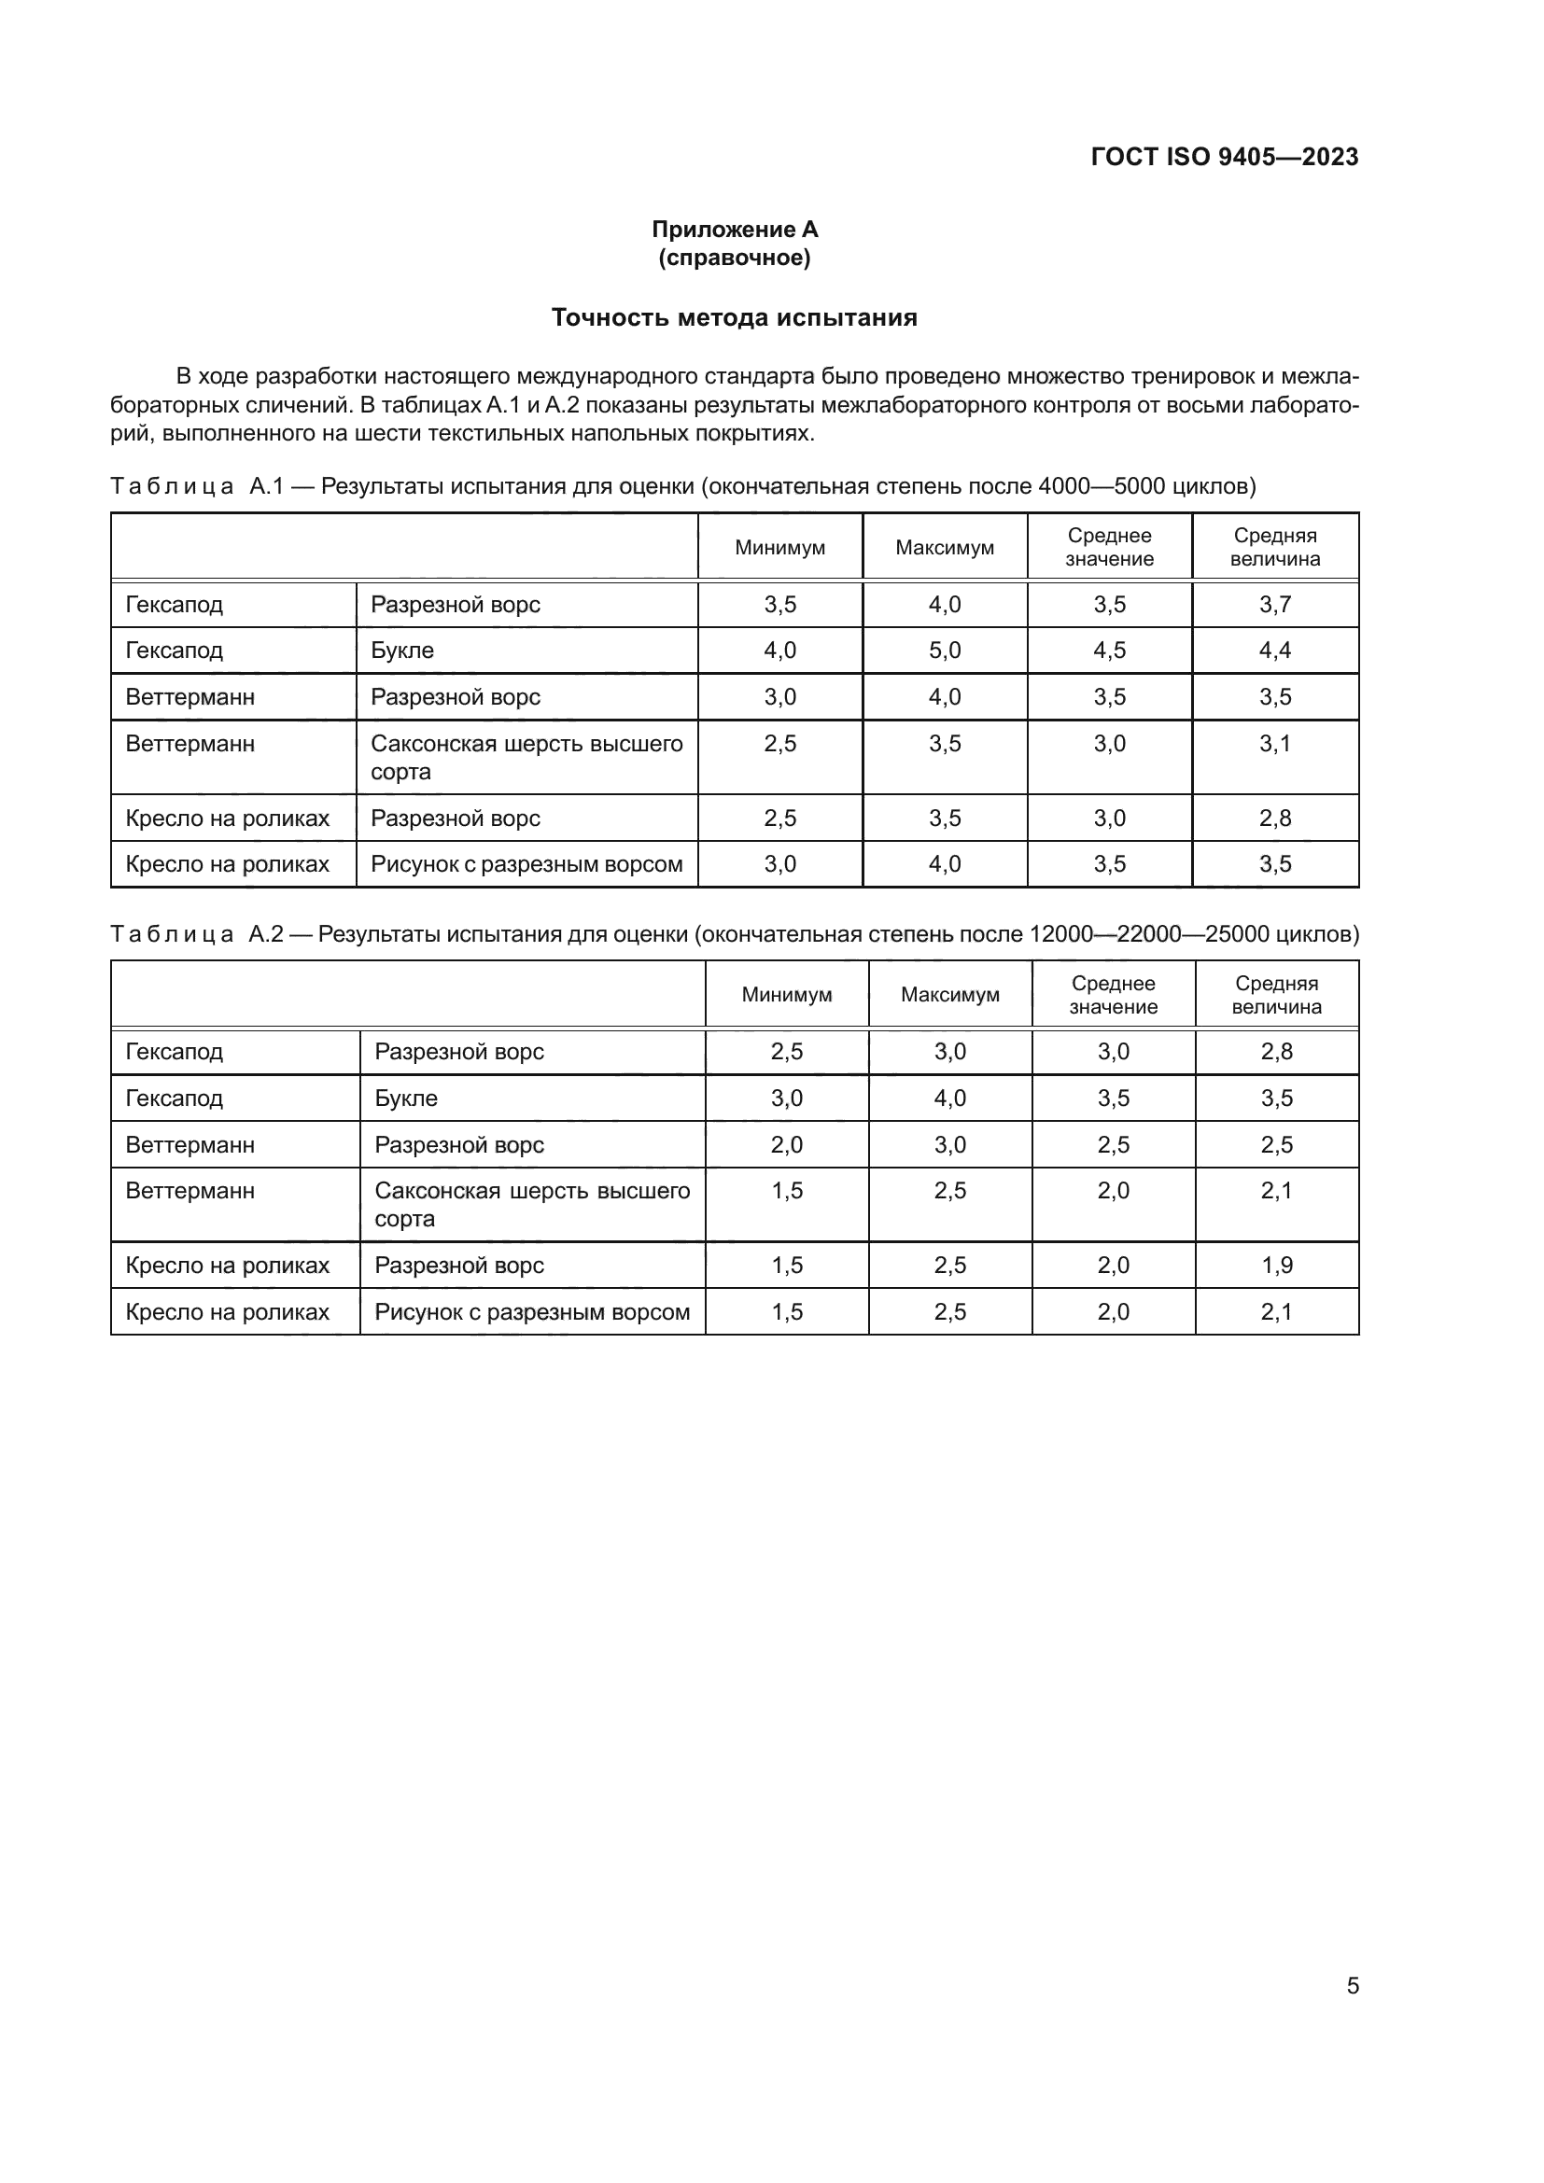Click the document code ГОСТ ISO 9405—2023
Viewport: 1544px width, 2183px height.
[1224, 157]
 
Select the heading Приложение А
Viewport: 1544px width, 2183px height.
[734, 230]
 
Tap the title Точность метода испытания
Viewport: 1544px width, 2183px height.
[734, 317]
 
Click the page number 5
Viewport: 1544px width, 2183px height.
[1352, 1985]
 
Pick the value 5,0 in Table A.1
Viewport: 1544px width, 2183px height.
[944, 651]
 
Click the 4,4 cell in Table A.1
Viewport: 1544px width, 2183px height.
[1275, 651]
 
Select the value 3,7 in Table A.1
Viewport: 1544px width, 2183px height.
[1275, 605]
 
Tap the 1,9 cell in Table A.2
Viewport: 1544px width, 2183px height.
[1276, 1266]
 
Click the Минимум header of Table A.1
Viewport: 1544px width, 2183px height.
[779, 548]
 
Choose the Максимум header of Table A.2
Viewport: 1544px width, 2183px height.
[949, 995]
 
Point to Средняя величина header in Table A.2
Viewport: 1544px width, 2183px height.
[1276, 995]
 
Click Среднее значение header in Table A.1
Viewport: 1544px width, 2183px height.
[1109, 548]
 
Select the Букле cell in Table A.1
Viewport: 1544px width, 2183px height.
[402, 651]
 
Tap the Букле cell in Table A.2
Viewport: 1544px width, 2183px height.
[406, 1098]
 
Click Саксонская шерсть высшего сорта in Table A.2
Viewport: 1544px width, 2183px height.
[531, 1204]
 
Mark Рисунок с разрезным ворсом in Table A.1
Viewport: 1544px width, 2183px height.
[526, 864]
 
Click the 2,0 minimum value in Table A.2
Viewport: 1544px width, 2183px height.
[786, 1145]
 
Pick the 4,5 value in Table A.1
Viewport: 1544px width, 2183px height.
[1109, 651]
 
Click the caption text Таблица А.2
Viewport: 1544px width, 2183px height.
[197, 934]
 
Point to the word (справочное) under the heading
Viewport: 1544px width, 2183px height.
[734, 258]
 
